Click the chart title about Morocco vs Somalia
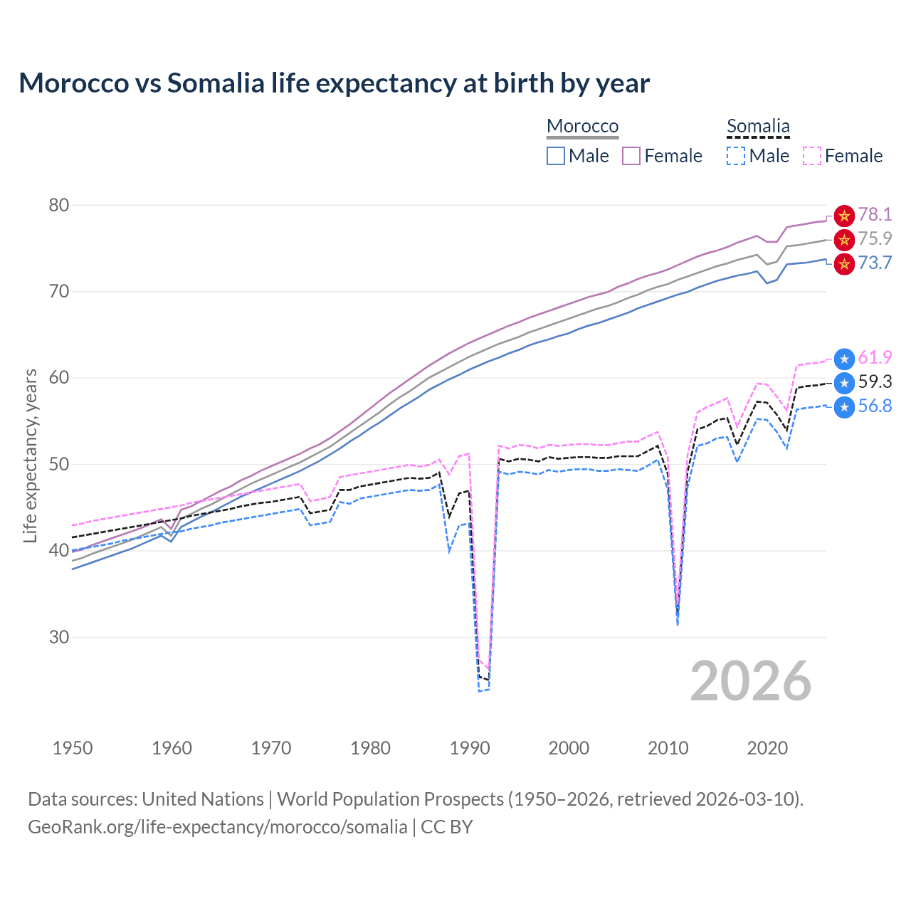(334, 83)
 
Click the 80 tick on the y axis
(59, 206)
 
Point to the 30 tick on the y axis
(59, 637)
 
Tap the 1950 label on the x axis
(73, 748)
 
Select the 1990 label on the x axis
(470, 748)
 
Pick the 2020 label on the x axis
(767, 748)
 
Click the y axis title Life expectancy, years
(30, 455)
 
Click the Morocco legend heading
(582, 126)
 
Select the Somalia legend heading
(758, 126)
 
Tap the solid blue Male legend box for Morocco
(556, 156)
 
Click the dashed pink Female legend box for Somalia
(812, 156)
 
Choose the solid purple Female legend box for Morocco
(631, 156)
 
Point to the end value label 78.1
(875, 215)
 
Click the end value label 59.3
(875, 382)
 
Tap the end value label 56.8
(875, 406)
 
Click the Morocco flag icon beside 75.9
(844, 239)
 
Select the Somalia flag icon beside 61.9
(844, 359)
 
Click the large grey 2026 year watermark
(751, 681)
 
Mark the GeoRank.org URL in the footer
(217, 827)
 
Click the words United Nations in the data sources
(203, 799)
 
